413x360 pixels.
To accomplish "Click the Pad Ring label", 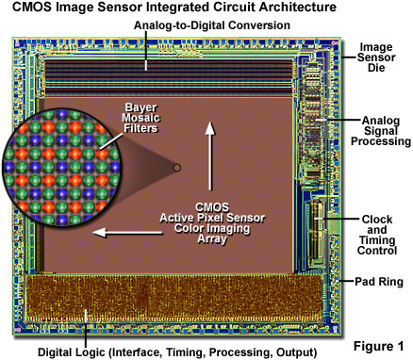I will coord(378,280).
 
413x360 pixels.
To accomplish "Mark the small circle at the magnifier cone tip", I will coord(173,169).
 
